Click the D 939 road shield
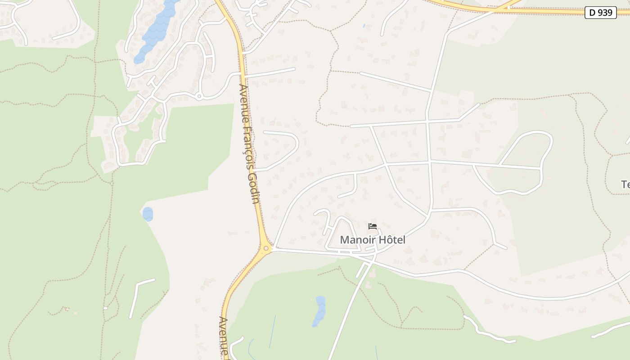pos(601,13)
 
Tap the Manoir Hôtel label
pos(372,240)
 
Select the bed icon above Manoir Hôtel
pos(372,226)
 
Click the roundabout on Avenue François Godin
pos(266,248)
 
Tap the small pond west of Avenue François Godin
pos(148,214)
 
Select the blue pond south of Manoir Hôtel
pos(319,310)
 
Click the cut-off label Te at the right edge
pos(625,184)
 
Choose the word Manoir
pos(357,240)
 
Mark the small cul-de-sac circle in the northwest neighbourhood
pos(199,96)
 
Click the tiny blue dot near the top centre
pos(364,26)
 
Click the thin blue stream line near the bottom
pos(273,331)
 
